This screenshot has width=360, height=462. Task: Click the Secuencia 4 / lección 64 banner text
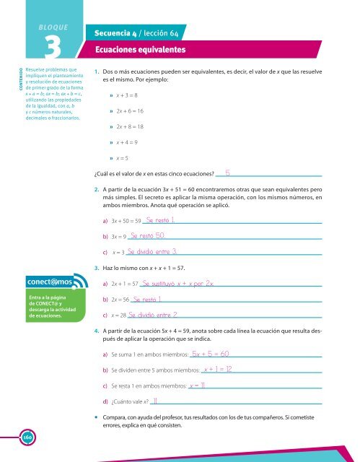pyautogui.click(x=137, y=32)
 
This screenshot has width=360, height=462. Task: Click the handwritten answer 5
pyautogui.click(x=227, y=173)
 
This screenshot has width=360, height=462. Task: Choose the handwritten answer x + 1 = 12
pyautogui.click(x=217, y=370)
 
